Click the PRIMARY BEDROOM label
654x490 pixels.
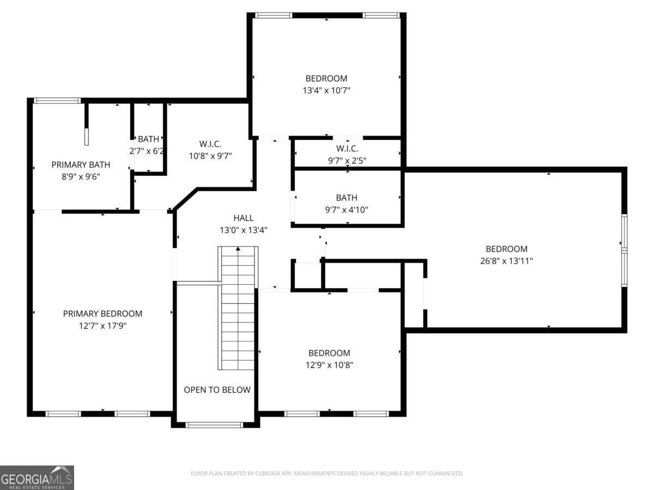[x=102, y=314]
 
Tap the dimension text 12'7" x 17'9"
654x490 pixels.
[x=102, y=326]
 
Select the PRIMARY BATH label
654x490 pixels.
[x=81, y=164]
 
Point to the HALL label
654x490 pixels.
[x=243, y=218]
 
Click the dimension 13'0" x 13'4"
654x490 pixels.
[x=243, y=230]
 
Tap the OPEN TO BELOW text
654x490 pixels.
[x=217, y=390]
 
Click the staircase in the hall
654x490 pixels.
[x=238, y=310]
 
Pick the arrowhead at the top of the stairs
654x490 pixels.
[x=238, y=249]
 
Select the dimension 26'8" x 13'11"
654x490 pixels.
[x=506, y=261]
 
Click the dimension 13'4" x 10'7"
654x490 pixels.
[x=326, y=90]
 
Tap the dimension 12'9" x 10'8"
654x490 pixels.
[x=329, y=365]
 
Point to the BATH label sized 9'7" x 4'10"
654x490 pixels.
[x=347, y=198]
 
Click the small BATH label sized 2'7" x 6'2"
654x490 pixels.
[x=148, y=139]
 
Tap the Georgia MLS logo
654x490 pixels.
[x=37, y=477]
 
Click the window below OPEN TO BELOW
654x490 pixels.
[x=214, y=425]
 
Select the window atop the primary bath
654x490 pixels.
[x=57, y=100]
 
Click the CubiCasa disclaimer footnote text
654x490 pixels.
[x=326, y=474]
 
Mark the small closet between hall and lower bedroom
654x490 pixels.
[x=307, y=276]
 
